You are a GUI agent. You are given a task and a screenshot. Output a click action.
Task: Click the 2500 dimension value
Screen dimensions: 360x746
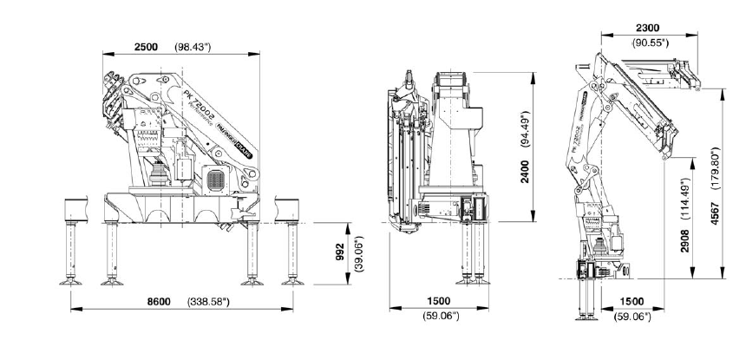pyautogui.click(x=146, y=47)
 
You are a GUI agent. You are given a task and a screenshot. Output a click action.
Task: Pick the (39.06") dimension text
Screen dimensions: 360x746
pyautogui.click(x=346, y=252)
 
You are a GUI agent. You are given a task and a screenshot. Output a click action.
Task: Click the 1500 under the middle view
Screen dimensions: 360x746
pyautogui.click(x=439, y=300)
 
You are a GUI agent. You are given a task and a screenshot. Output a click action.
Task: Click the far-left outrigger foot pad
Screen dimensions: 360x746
pyautogui.click(x=70, y=281)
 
